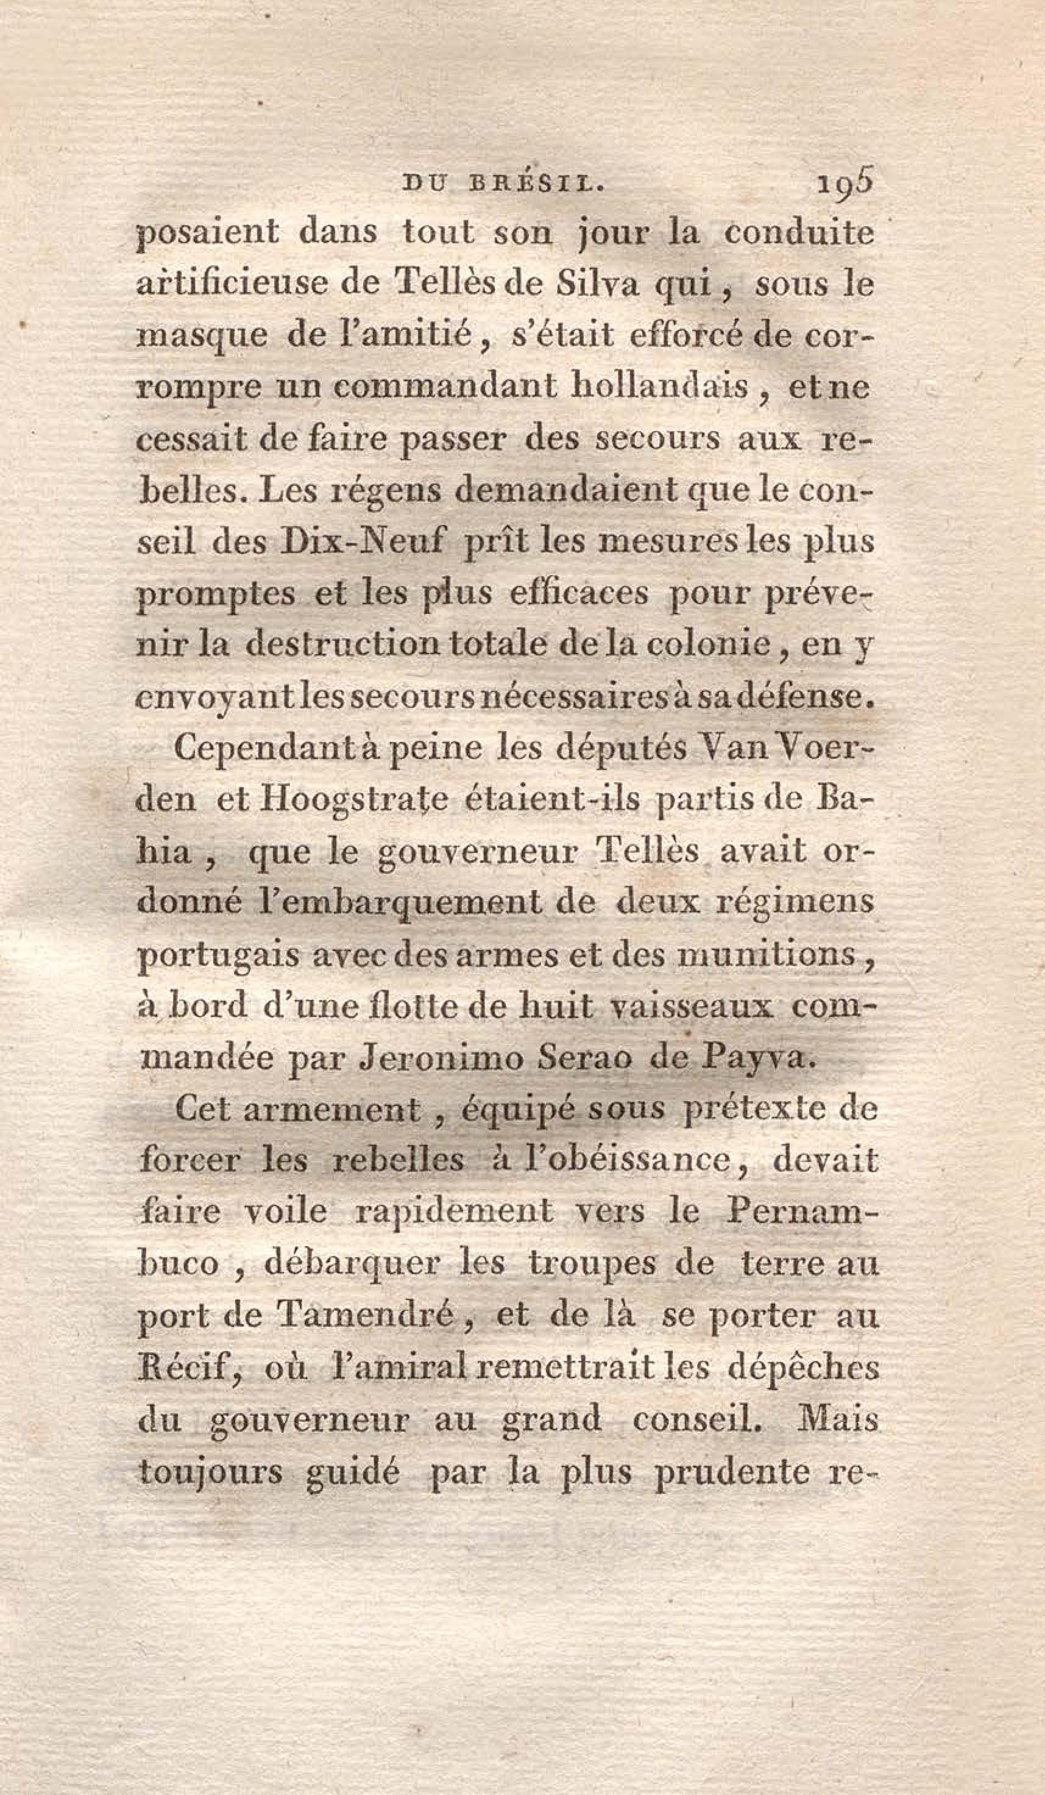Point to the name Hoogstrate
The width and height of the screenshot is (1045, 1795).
pyautogui.click(x=355, y=801)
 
